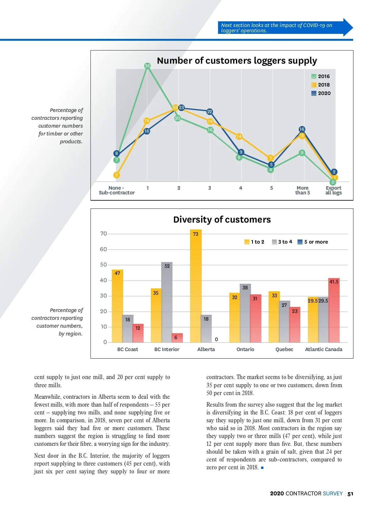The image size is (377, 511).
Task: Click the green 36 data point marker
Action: click(x=147, y=66)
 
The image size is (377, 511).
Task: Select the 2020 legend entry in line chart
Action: click(x=321, y=93)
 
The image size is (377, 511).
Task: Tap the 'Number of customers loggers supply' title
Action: click(x=237, y=61)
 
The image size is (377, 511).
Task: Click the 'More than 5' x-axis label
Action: click(x=303, y=190)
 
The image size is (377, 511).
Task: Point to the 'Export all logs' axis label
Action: click(x=333, y=190)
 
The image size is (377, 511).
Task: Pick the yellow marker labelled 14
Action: click(x=239, y=136)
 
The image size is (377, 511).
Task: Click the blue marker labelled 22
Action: click(x=210, y=112)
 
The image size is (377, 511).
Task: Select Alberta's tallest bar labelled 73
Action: click(x=196, y=286)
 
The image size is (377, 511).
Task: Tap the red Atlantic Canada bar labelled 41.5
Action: click(x=334, y=310)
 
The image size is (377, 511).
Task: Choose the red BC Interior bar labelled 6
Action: click(x=177, y=338)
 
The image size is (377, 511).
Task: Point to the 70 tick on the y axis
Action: click(x=103, y=234)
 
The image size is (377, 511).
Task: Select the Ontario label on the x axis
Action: click(x=245, y=349)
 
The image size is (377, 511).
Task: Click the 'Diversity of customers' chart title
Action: click(x=222, y=219)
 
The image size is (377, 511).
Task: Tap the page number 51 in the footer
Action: click(x=350, y=494)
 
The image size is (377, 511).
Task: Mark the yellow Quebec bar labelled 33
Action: click(x=274, y=317)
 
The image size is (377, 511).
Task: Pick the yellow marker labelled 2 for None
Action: click(x=117, y=175)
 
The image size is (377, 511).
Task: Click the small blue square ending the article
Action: click(x=262, y=468)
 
